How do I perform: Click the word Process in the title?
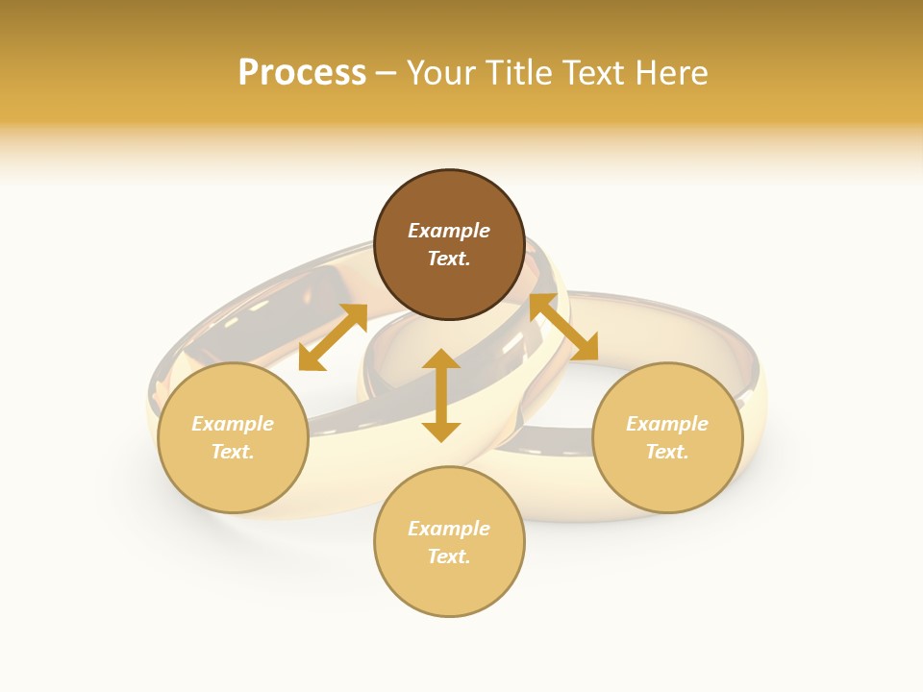(302, 73)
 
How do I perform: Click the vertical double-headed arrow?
(441, 395)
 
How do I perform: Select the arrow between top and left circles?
(333, 337)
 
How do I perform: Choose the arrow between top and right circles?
(563, 327)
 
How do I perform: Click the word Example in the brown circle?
(449, 231)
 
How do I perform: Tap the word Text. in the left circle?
(233, 452)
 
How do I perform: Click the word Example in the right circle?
(667, 424)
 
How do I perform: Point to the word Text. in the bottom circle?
(449, 556)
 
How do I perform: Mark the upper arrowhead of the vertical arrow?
(441, 359)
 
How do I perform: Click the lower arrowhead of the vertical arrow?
(441, 432)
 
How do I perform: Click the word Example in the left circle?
(233, 424)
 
